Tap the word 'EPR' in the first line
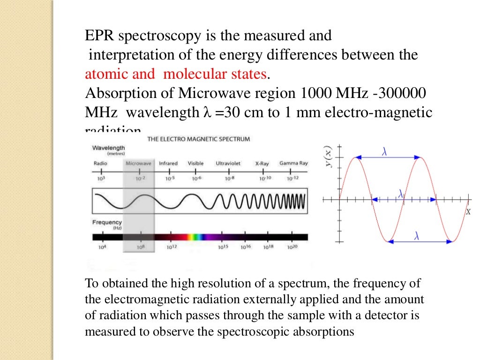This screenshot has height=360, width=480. coord(99,36)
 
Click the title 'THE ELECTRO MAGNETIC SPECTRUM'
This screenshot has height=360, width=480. coord(199,139)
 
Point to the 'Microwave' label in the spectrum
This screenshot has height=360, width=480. coord(138,164)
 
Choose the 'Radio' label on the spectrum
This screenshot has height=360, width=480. coord(100,164)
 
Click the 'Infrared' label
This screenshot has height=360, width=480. coord(168,164)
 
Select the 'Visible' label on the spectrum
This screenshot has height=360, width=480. coord(195,164)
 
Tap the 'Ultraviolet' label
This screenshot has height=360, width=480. coord(228,164)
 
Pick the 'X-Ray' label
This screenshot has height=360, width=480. coord(262,164)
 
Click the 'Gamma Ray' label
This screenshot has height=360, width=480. coord(293,164)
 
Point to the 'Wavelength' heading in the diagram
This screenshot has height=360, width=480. coord(109,148)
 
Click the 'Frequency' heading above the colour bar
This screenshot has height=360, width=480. coord(107,222)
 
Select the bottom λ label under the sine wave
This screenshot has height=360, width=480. coord(416,237)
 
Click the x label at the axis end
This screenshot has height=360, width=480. coord(467,212)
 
